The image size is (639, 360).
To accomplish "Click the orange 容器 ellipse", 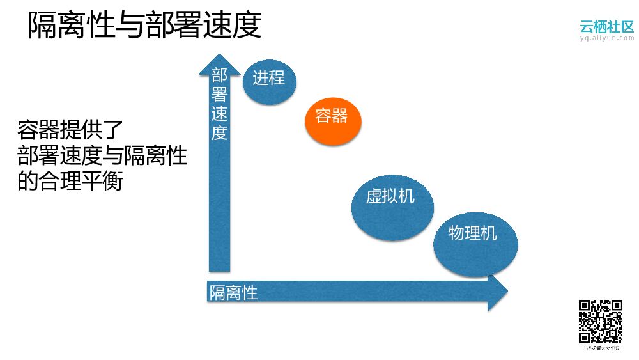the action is (332, 116).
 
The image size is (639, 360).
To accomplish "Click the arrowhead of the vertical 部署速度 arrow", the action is (219, 62).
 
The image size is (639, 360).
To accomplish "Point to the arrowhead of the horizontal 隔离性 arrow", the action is (497, 292).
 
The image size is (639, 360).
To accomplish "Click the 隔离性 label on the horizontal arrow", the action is (233, 293).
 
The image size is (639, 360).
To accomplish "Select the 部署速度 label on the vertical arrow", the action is (219, 105).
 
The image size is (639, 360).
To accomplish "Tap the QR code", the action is (600, 321).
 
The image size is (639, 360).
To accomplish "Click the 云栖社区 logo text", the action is (606, 26).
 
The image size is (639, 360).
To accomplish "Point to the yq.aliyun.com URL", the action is (606, 38).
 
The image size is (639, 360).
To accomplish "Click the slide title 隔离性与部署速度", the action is (144, 27).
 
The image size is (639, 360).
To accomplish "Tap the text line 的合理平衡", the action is (70, 181).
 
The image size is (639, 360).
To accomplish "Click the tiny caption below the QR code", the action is (600, 348).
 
